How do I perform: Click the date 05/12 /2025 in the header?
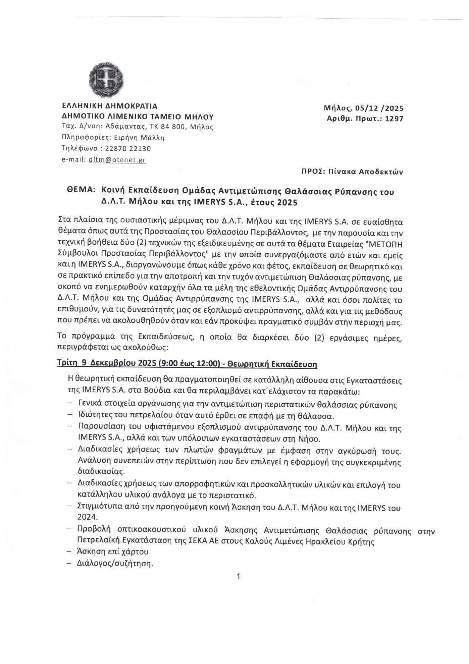coord(379,108)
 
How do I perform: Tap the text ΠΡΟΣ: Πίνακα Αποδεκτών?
coord(352,172)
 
